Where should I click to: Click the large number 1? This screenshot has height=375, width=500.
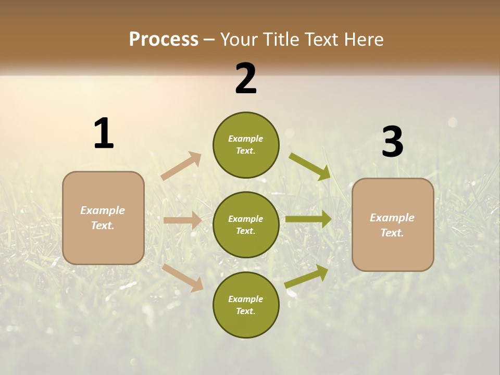(104, 133)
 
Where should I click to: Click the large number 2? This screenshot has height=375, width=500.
(245, 79)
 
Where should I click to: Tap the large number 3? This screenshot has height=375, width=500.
(392, 142)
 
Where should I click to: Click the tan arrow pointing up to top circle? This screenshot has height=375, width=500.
(181, 166)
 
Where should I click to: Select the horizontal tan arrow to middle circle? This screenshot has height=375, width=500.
(182, 220)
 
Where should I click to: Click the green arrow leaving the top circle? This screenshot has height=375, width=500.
(310, 167)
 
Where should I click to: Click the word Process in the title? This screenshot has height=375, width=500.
(164, 39)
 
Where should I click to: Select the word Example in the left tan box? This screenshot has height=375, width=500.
(103, 210)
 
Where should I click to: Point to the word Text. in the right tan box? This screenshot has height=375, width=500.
(392, 233)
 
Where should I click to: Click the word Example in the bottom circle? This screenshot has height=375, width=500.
(245, 299)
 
